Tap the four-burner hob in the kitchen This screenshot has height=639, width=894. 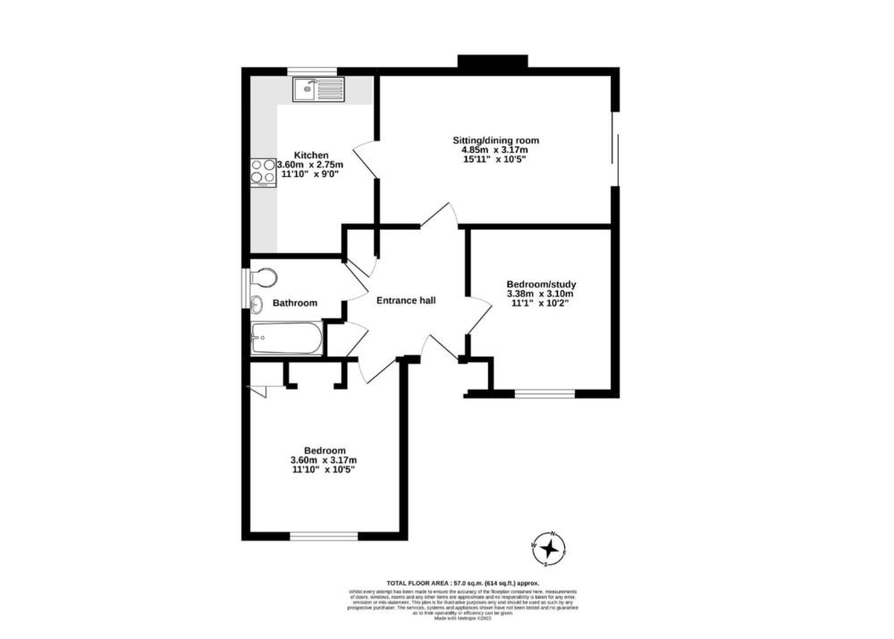[262, 170]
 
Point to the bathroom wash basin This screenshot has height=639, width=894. [257, 303]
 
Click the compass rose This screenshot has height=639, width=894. [549, 549]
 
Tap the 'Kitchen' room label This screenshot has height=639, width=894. [310, 155]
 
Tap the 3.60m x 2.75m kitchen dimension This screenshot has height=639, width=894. [310, 165]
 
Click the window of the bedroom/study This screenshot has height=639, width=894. [544, 392]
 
